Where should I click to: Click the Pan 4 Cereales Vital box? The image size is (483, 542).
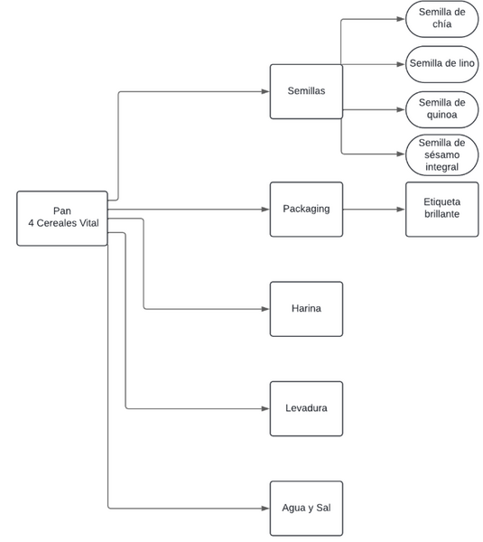click(62, 219)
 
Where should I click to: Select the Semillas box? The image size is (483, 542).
click(306, 91)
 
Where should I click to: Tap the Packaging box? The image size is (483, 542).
click(306, 210)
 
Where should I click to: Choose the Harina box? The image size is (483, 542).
click(306, 309)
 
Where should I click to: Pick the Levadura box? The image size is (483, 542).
click(306, 409)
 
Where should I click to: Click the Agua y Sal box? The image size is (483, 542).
click(306, 509)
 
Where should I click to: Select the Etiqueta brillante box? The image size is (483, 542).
click(442, 210)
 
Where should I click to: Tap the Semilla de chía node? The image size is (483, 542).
click(442, 19)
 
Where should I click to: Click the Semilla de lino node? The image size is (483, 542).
click(442, 64)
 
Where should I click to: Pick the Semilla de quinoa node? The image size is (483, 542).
click(442, 109)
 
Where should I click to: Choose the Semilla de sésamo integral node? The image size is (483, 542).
click(442, 154)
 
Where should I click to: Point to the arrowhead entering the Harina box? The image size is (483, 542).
click(265, 309)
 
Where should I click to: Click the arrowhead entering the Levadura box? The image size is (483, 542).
click(265, 409)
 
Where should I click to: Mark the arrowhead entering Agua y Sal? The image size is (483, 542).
click(265, 509)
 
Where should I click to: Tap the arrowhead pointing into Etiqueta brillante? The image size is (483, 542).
click(401, 210)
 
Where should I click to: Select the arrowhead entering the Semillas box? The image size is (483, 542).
click(265, 91)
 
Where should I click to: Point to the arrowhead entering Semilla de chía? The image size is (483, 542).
click(401, 19)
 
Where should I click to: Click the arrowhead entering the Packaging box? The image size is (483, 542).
click(265, 210)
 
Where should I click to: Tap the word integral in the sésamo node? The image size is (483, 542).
click(441, 167)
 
